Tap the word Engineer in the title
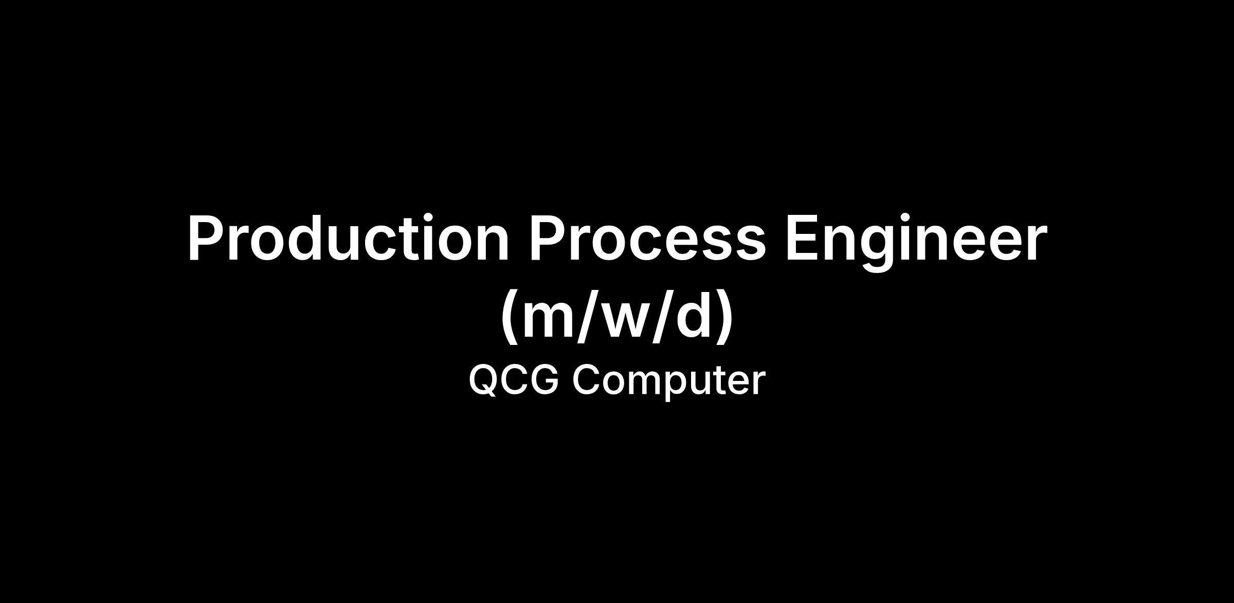916,242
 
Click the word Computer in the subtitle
669,381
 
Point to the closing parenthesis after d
725,317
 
